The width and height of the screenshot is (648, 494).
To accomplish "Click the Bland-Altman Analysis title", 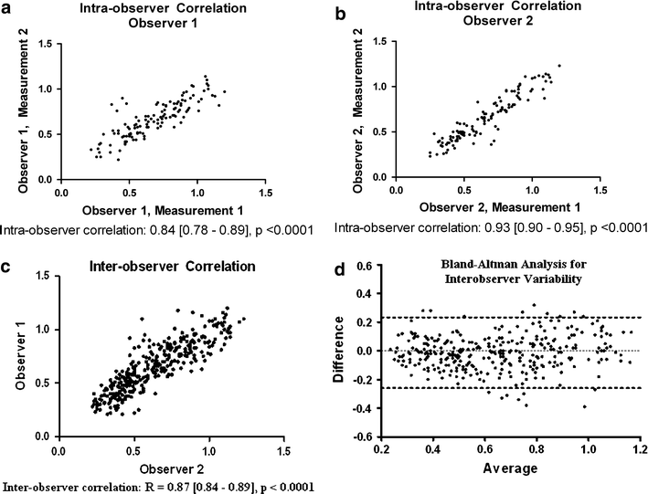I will (x=510, y=273).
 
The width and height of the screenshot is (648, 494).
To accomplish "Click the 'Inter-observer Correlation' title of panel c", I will (x=148, y=267).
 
